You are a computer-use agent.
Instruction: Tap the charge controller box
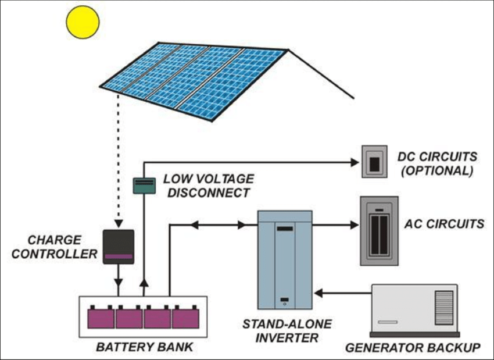(119, 247)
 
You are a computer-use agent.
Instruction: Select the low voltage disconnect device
(143, 185)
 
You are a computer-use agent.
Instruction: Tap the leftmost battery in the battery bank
(101, 318)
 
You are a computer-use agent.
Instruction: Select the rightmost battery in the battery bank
(185, 318)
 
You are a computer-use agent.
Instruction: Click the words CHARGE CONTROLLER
(56, 247)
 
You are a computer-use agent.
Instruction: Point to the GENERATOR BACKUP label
(413, 348)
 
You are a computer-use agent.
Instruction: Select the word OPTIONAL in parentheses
(437, 172)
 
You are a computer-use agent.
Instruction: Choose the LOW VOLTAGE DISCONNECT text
(208, 184)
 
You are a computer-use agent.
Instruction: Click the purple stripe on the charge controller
(119, 255)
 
